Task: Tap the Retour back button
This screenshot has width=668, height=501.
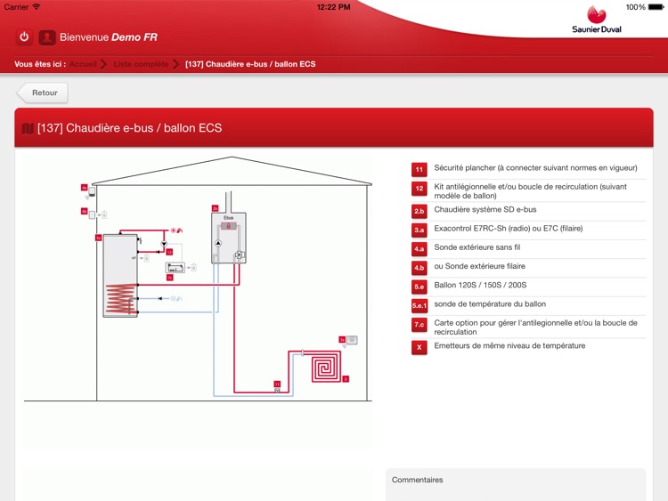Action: (x=42, y=93)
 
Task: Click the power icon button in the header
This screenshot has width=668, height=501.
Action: (x=24, y=37)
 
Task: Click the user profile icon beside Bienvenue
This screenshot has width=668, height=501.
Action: (x=47, y=37)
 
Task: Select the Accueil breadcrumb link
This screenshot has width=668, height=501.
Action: (x=83, y=64)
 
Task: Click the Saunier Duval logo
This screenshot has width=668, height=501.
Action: (x=597, y=20)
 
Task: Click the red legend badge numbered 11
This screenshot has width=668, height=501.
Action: (x=419, y=169)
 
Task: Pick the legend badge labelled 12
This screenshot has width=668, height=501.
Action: (x=419, y=190)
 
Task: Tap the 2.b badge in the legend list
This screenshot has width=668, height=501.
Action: (x=419, y=211)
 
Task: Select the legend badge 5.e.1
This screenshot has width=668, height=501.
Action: (x=419, y=305)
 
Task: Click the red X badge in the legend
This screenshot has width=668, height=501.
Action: (x=419, y=347)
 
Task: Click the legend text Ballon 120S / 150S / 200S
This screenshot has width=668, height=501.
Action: (x=480, y=286)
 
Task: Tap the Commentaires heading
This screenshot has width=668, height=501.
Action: (x=417, y=480)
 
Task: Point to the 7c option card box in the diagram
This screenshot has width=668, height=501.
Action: (x=175, y=267)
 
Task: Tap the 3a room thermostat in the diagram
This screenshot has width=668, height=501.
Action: (x=351, y=340)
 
